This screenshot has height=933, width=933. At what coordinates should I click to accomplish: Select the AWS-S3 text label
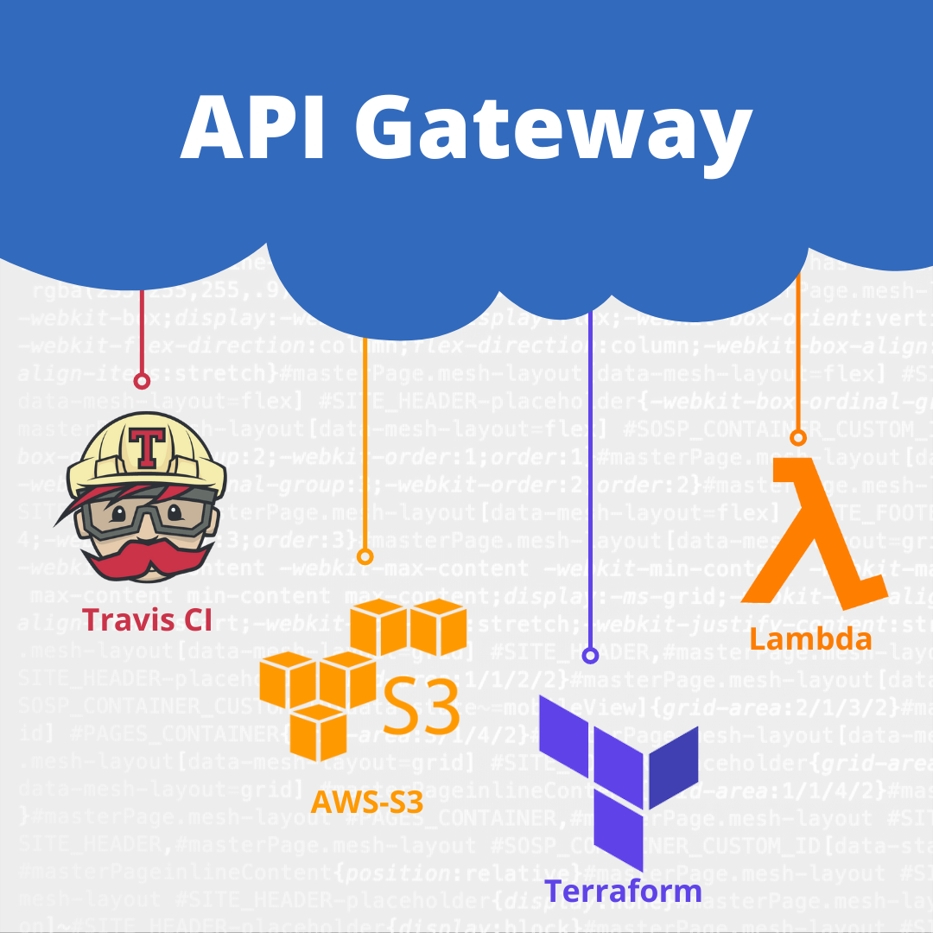coord(367,803)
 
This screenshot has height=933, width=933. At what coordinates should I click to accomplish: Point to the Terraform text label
coord(623,890)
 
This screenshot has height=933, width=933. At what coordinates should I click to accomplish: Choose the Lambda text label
coord(810,639)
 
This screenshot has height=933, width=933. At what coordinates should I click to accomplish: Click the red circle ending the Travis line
coord(142,381)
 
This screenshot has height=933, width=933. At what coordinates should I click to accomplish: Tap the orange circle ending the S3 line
coord(365,556)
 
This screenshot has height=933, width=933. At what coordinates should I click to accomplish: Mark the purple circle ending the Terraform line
coord(590,656)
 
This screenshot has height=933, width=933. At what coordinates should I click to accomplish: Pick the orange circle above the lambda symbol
coord(798,438)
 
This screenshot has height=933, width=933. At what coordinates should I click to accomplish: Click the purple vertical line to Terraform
coord(590,484)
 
